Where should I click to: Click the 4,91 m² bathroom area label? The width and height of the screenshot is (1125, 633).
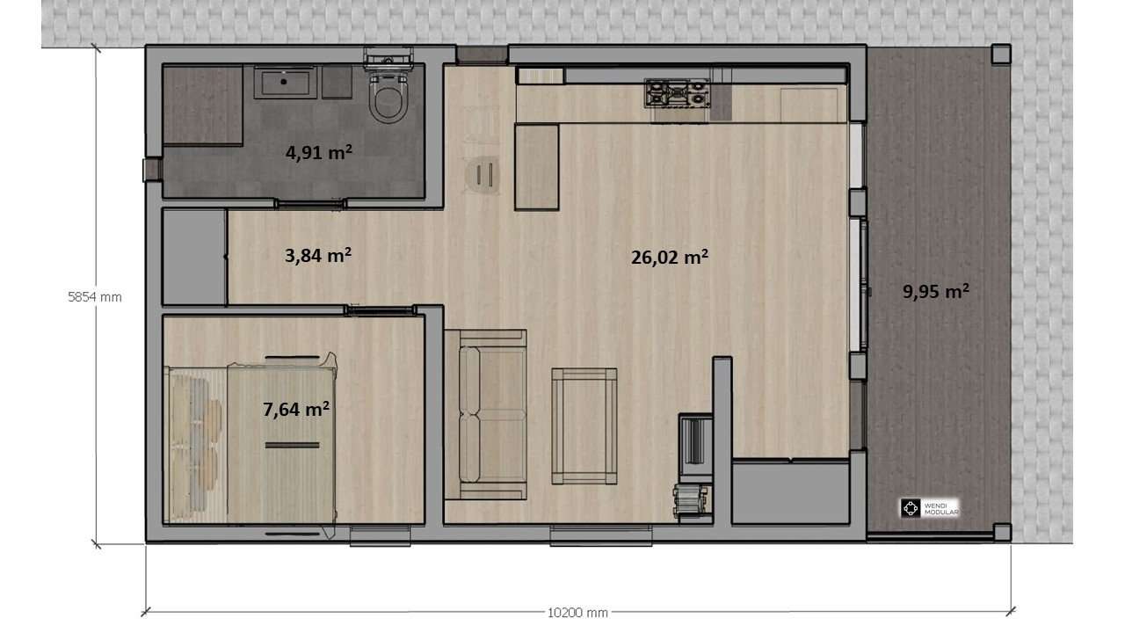point(319,152)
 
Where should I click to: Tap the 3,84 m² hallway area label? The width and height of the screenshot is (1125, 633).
point(318,255)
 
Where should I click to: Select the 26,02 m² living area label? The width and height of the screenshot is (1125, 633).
point(670,257)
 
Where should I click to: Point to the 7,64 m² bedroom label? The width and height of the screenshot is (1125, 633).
point(296,409)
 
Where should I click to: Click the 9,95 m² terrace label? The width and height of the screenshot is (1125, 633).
point(936,291)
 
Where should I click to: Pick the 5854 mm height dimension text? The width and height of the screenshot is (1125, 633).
point(95,297)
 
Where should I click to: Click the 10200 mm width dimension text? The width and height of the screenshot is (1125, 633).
point(577,613)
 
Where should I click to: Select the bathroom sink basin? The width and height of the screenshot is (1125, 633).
point(286,83)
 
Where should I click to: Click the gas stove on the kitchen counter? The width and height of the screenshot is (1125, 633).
point(678,94)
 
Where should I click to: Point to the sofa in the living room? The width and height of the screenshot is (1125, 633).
point(486,414)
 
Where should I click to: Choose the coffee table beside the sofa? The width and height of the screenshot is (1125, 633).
point(584,426)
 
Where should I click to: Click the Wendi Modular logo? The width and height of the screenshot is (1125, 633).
point(930,508)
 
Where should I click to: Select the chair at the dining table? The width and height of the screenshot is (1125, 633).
point(483,174)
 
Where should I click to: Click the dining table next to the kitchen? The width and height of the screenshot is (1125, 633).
point(537,167)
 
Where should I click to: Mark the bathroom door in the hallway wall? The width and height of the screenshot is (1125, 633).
point(310,204)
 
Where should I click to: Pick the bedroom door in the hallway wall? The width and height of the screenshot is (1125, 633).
point(381,310)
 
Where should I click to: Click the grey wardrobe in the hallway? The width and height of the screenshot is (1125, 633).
point(194,257)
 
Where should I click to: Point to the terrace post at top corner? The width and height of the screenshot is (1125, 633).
point(1001,54)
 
